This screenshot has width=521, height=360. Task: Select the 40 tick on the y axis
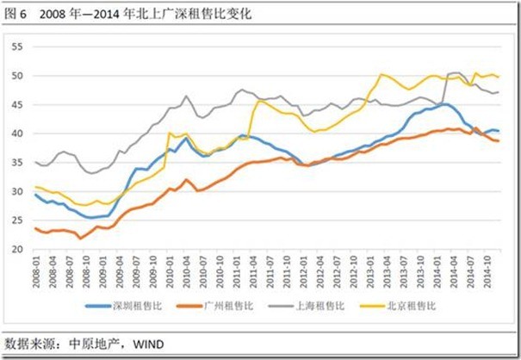(16, 133)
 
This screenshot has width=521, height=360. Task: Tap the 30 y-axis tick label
(16, 191)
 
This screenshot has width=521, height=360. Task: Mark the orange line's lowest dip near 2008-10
(80, 238)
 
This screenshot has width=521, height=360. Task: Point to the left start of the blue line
(34, 195)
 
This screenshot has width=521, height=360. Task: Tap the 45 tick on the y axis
(16, 104)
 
